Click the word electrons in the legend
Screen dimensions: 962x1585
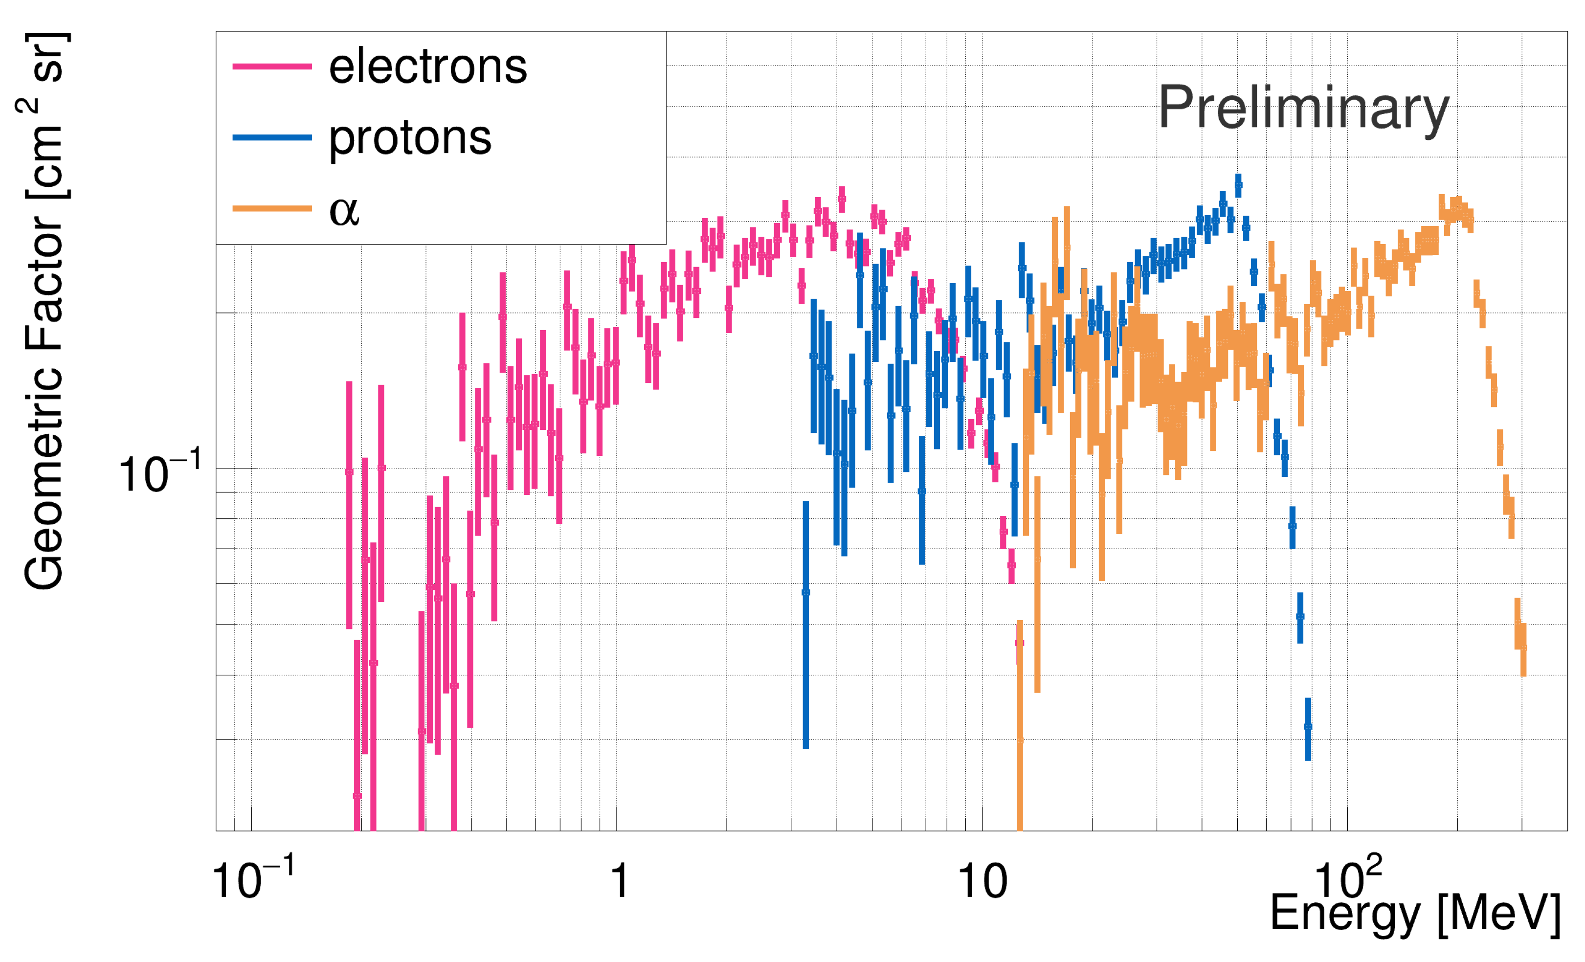point(428,67)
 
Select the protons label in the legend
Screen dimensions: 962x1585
point(410,138)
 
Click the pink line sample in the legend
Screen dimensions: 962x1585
point(272,67)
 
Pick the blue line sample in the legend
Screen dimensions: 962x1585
point(272,138)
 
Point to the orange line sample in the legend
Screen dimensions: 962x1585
point(272,208)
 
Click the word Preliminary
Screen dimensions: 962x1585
point(1303,108)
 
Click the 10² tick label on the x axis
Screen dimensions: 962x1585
point(1347,878)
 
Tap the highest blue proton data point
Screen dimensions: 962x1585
point(1238,185)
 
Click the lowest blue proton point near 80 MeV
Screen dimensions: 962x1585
point(1308,726)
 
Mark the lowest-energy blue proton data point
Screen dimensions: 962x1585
point(805,592)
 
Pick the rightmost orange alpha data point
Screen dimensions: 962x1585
point(1522,647)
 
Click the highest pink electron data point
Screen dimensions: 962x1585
point(841,200)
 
